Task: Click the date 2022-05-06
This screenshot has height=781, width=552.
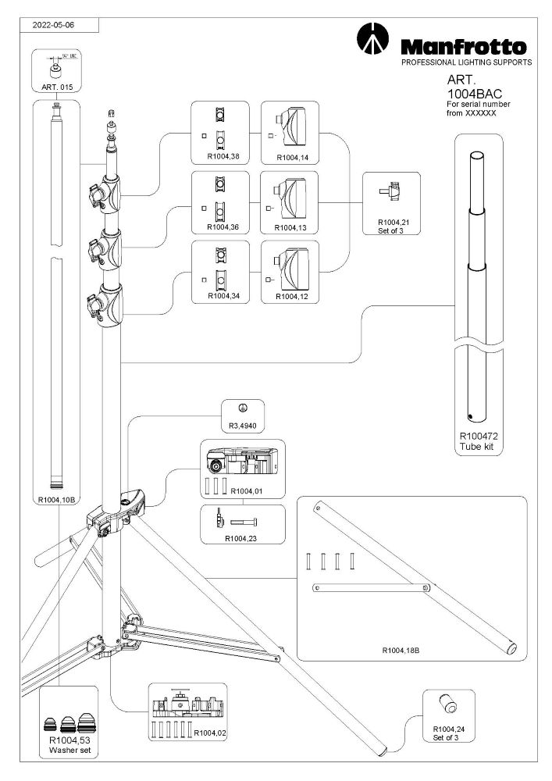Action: click(52, 25)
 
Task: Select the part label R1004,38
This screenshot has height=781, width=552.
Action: click(223, 156)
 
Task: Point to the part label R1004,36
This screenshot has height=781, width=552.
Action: click(223, 226)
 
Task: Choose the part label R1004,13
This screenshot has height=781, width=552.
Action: click(290, 227)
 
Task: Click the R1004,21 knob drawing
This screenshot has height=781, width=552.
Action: click(390, 191)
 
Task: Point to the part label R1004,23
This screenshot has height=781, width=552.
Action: click(240, 538)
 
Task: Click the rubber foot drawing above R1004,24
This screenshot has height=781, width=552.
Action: click(446, 705)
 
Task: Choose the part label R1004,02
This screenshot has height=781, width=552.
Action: click(209, 732)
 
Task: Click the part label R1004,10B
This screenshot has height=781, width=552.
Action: click(56, 499)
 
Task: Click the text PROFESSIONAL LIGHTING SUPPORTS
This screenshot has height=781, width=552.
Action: click(467, 62)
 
